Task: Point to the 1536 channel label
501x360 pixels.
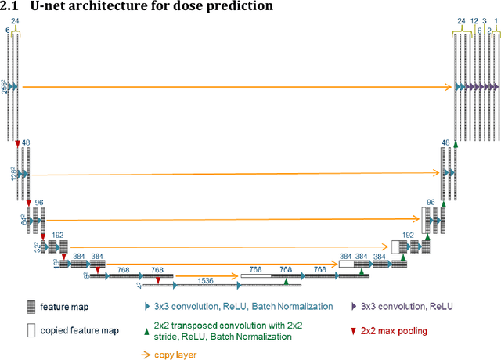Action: pos(206,279)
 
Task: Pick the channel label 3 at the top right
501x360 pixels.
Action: pos(485,21)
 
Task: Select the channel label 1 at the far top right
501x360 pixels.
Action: pos(496,21)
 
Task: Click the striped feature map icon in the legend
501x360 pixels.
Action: pos(31,308)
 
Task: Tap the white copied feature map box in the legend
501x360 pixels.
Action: pos(31,330)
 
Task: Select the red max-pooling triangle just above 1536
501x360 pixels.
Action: pos(159,279)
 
